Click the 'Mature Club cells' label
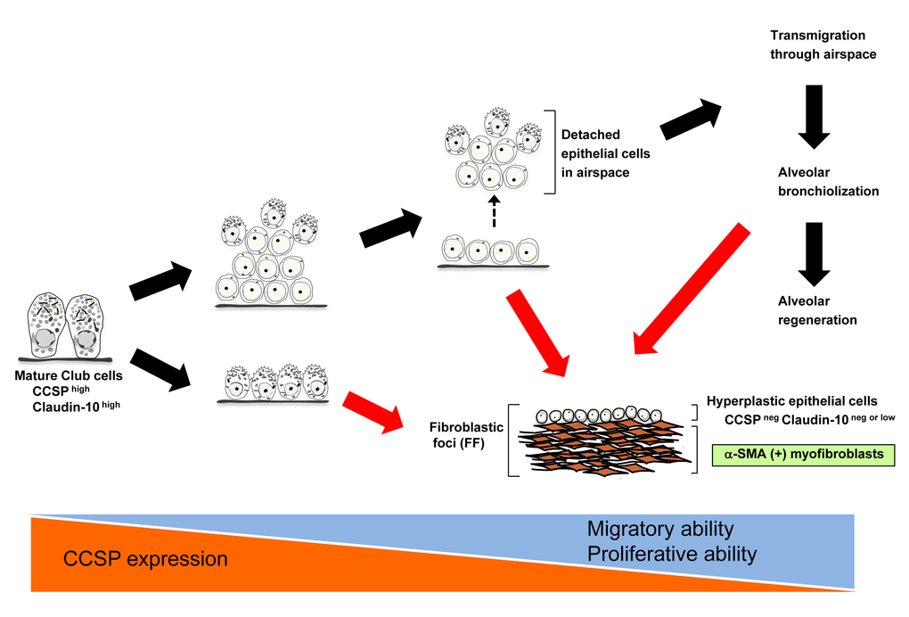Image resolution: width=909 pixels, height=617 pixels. (68, 375)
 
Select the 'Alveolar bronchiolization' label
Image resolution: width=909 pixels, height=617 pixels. (828, 182)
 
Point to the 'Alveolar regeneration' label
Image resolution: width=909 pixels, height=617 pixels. (816, 310)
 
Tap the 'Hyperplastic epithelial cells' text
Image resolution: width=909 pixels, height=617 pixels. (791, 401)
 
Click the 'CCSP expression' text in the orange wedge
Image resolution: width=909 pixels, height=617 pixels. (145, 559)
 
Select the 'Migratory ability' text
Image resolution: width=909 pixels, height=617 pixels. (660, 529)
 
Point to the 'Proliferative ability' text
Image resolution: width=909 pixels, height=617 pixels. (671, 554)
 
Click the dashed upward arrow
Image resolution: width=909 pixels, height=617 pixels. (493, 212)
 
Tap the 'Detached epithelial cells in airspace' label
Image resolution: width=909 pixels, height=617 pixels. (606, 153)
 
